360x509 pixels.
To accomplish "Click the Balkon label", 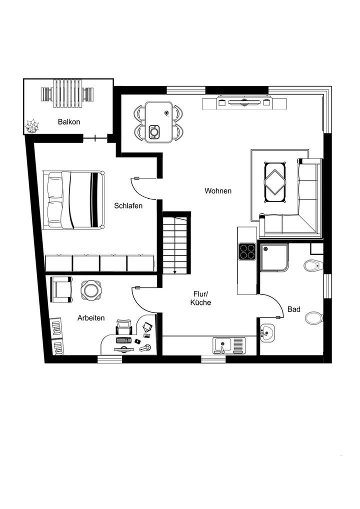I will [x=68, y=121].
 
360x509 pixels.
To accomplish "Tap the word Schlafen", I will [x=128, y=205].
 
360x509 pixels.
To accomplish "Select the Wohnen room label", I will [x=217, y=190].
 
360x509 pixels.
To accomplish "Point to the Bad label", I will [x=294, y=309].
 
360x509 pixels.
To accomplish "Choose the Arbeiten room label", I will [x=90, y=317].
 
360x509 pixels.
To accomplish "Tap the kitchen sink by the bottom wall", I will [x=228, y=345].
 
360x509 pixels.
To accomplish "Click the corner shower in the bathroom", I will [x=273, y=257].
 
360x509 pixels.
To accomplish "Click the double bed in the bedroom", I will [x=74, y=199].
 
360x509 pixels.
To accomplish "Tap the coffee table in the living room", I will [x=274, y=182].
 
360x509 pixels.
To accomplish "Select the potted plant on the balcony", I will [x=33, y=126].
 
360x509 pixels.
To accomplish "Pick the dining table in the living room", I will [x=158, y=122].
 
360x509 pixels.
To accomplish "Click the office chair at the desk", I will [x=123, y=328].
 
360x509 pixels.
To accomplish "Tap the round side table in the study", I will [x=91, y=289].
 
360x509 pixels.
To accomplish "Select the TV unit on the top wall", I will [x=244, y=103].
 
